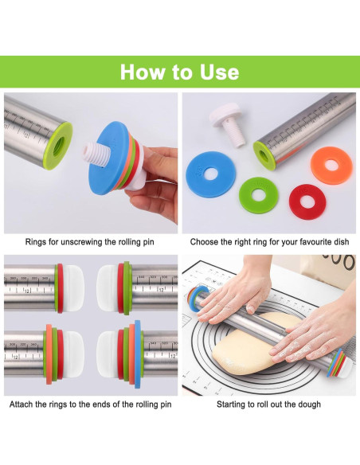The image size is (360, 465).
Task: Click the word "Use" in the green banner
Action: tap(219, 72)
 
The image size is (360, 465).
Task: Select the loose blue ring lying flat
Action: tap(210, 174)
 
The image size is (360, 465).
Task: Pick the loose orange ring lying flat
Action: tap(331, 165)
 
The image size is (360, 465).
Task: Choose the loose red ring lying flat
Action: tap(307, 202)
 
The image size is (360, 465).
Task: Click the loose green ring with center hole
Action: tap(258, 194)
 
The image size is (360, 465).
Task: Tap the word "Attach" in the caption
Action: tap(21, 404)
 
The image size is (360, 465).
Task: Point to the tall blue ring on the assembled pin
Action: tap(137, 354)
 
